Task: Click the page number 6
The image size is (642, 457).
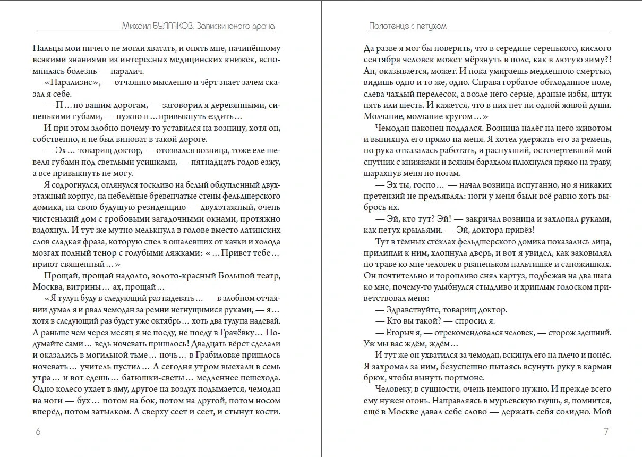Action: [x=38, y=431]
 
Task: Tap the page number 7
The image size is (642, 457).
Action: [x=606, y=431]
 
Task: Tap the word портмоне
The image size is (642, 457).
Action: [x=460, y=378]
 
